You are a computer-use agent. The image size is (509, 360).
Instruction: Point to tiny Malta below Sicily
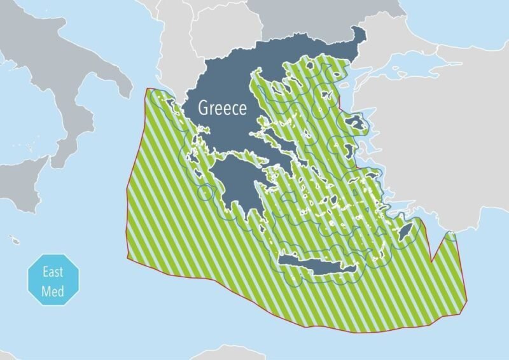14,240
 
